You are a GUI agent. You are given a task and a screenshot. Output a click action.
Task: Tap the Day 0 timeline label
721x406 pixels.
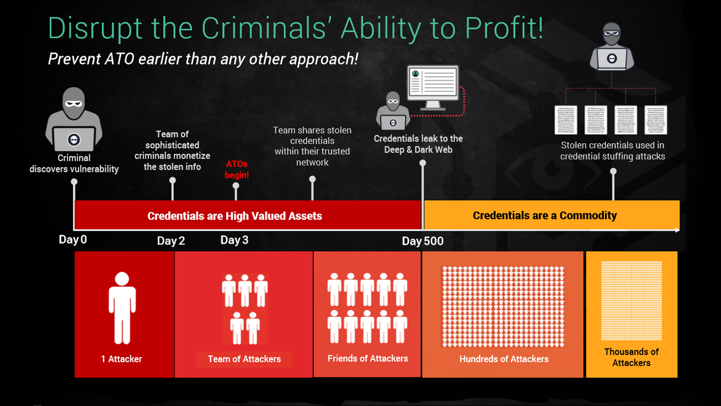click(x=73, y=240)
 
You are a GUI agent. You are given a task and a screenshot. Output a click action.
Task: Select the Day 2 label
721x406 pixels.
click(x=171, y=241)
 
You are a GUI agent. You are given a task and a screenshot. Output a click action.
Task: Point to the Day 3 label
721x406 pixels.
click(x=234, y=240)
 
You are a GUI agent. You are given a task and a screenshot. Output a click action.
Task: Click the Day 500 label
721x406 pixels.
click(x=423, y=241)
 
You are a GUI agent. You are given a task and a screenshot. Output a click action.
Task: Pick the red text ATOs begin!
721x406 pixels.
click(x=237, y=169)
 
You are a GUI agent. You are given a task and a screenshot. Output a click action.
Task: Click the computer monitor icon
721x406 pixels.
click(x=433, y=87)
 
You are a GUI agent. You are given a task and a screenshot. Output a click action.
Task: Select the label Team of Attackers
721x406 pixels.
click(x=244, y=359)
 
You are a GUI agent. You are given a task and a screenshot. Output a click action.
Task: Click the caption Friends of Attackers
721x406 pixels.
click(x=368, y=359)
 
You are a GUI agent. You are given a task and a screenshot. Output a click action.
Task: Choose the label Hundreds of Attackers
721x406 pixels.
click(x=504, y=359)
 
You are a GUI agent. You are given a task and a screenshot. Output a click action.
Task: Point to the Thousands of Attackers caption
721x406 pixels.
click(x=632, y=357)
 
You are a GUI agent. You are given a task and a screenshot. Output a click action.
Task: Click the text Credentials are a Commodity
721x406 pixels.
click(x=545, y=216)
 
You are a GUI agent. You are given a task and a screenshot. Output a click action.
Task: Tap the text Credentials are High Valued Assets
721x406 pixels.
click(x=235, y=216)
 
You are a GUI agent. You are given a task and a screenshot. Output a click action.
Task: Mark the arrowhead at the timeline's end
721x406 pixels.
click(x=677, y=230)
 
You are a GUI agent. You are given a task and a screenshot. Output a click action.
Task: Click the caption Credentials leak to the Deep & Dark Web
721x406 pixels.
click(x=418, y=144)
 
